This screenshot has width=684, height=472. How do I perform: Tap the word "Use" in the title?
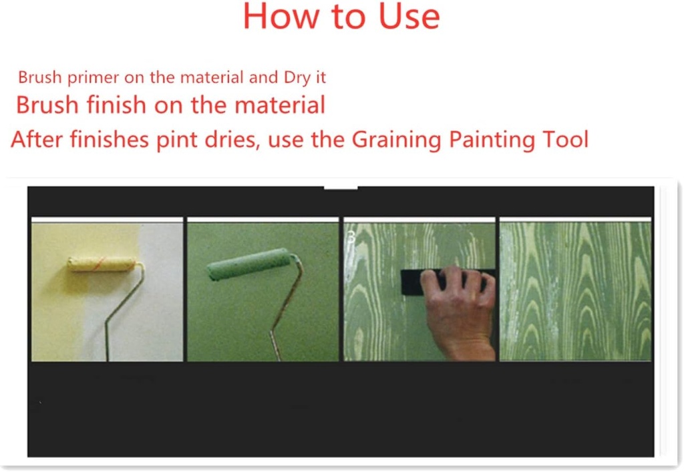coord(409,17)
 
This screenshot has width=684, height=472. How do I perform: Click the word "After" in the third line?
coord(37,140)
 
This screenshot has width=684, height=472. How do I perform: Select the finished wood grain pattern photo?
coord(575,291)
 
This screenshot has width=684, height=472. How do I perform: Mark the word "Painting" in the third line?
coord(491,140)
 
